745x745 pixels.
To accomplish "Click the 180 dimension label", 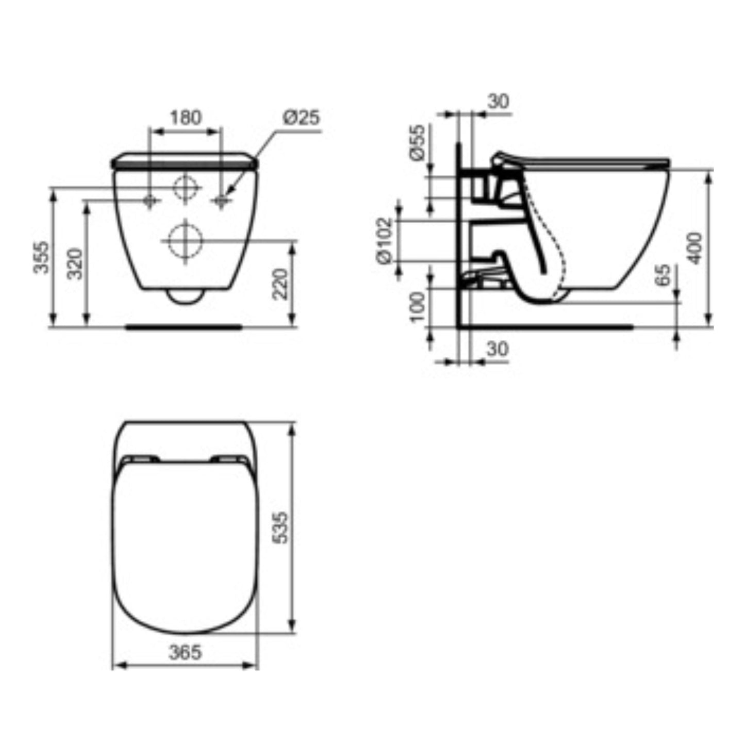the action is (x=186, y=118).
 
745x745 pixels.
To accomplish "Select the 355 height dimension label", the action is (x=42, y=257).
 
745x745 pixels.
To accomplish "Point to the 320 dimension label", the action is (x=75, y=263).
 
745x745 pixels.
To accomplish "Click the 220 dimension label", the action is (x=280, y=284).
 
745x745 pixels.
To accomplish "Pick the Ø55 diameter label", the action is (x=418, y=142).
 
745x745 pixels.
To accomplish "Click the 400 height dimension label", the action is (x=695, y=248).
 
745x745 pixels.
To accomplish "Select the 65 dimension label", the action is (x=663, y=275).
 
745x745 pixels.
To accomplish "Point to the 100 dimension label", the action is (x=418, y=307).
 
